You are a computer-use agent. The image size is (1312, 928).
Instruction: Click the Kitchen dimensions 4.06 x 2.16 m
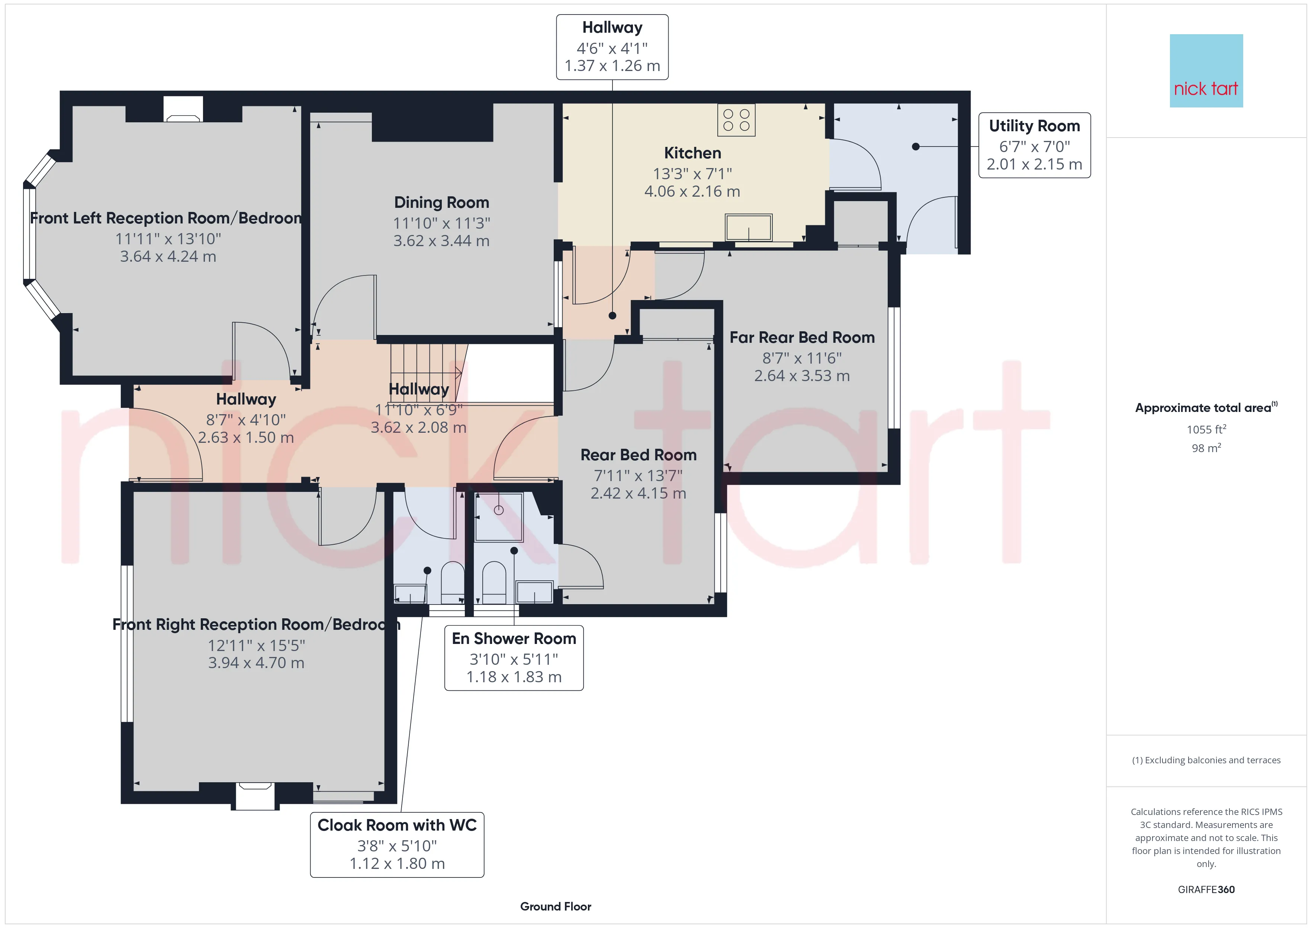[692, 191]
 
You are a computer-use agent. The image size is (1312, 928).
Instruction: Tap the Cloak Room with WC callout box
[397, 845]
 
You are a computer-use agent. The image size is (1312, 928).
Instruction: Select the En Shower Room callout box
[514, 658]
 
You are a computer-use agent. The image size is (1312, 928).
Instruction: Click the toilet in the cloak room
[453, 582]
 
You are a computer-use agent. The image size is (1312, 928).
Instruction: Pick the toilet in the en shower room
[494, 582]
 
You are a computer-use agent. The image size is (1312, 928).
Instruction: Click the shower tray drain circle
[499, 510]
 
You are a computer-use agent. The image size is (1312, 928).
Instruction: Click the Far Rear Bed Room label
[802, 338]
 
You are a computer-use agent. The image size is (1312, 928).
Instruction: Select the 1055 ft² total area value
[1206, 429]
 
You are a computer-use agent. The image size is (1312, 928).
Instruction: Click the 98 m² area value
[1206, 448]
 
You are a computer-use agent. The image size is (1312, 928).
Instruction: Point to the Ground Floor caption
[556, 906]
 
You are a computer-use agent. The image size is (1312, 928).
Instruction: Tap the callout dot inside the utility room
[916, 147]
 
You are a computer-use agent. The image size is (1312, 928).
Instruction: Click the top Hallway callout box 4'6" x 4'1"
[612, 47]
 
